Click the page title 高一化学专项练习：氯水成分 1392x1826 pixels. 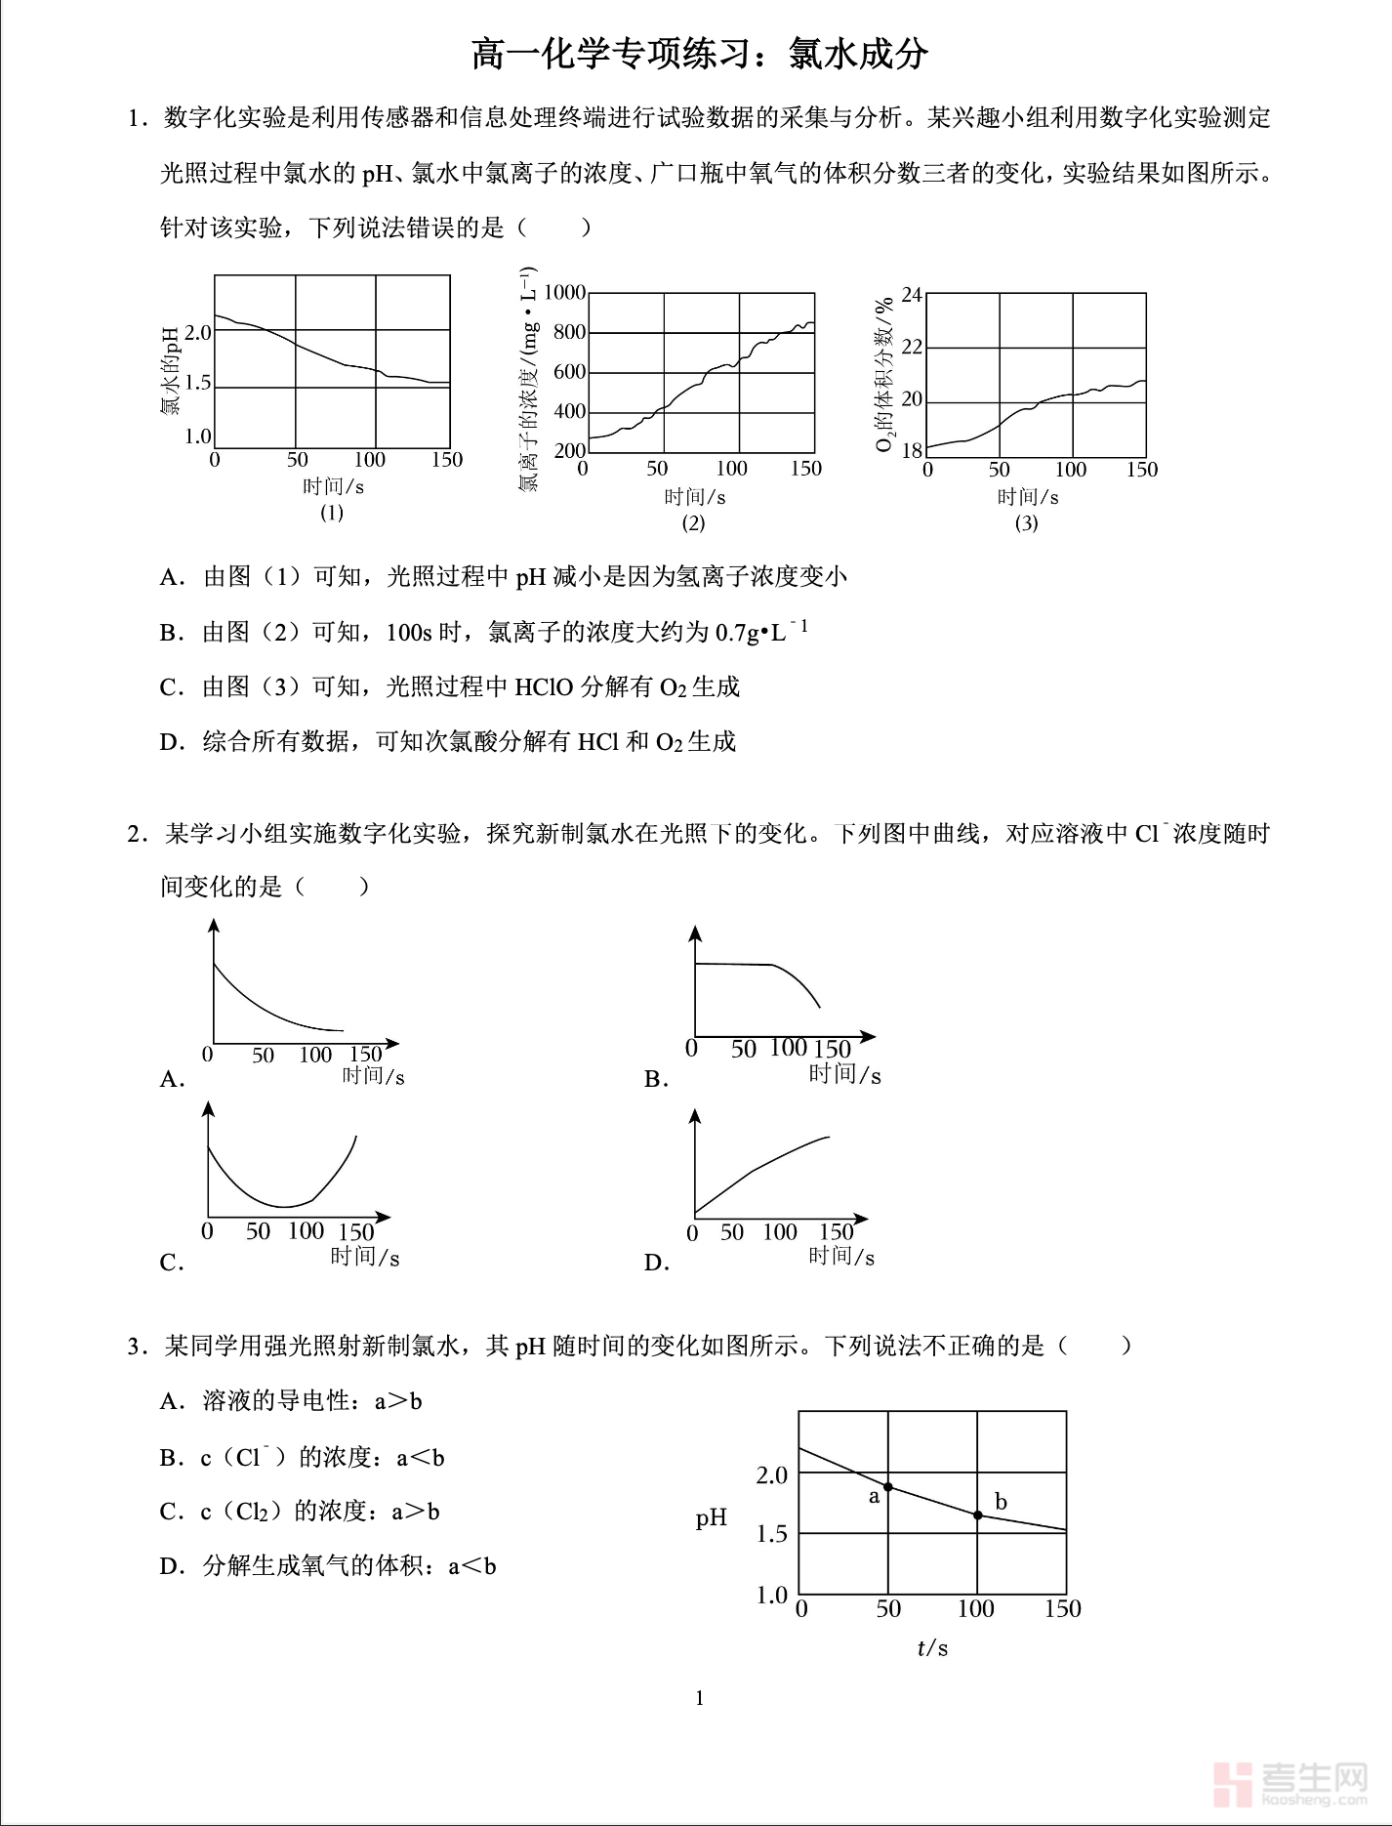click(x=699, y=54)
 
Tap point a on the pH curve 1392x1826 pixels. click(x=888, y=1487)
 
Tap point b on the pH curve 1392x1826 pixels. click(x=978, y=1515)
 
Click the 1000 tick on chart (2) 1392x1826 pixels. click(x=564, y=292)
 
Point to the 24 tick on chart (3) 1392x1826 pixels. click(x=912, y=294)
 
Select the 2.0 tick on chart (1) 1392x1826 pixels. click(x=198, y=332)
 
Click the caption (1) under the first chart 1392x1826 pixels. click(x=332, y=512)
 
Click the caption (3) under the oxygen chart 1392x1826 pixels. click(x=1026, y=522)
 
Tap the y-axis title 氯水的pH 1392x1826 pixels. click(x=171, y=371)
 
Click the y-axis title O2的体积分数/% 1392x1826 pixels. click(x=884, y=375)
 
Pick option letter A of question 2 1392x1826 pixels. click(x=172, y=1079)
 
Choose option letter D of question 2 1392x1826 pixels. click(x=656, y=1263)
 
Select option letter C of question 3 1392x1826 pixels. click(x=172, y=1512)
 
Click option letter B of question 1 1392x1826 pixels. click(x=172, y=633)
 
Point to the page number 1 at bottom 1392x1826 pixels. click(x=699, y=1698)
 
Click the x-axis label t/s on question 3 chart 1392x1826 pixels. click(x=932, y=1648)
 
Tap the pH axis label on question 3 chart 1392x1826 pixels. click(x=712, y=1517)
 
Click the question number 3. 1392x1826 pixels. click(x=137, y=1347)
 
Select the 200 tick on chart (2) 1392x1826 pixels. click(x=569, y=450)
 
